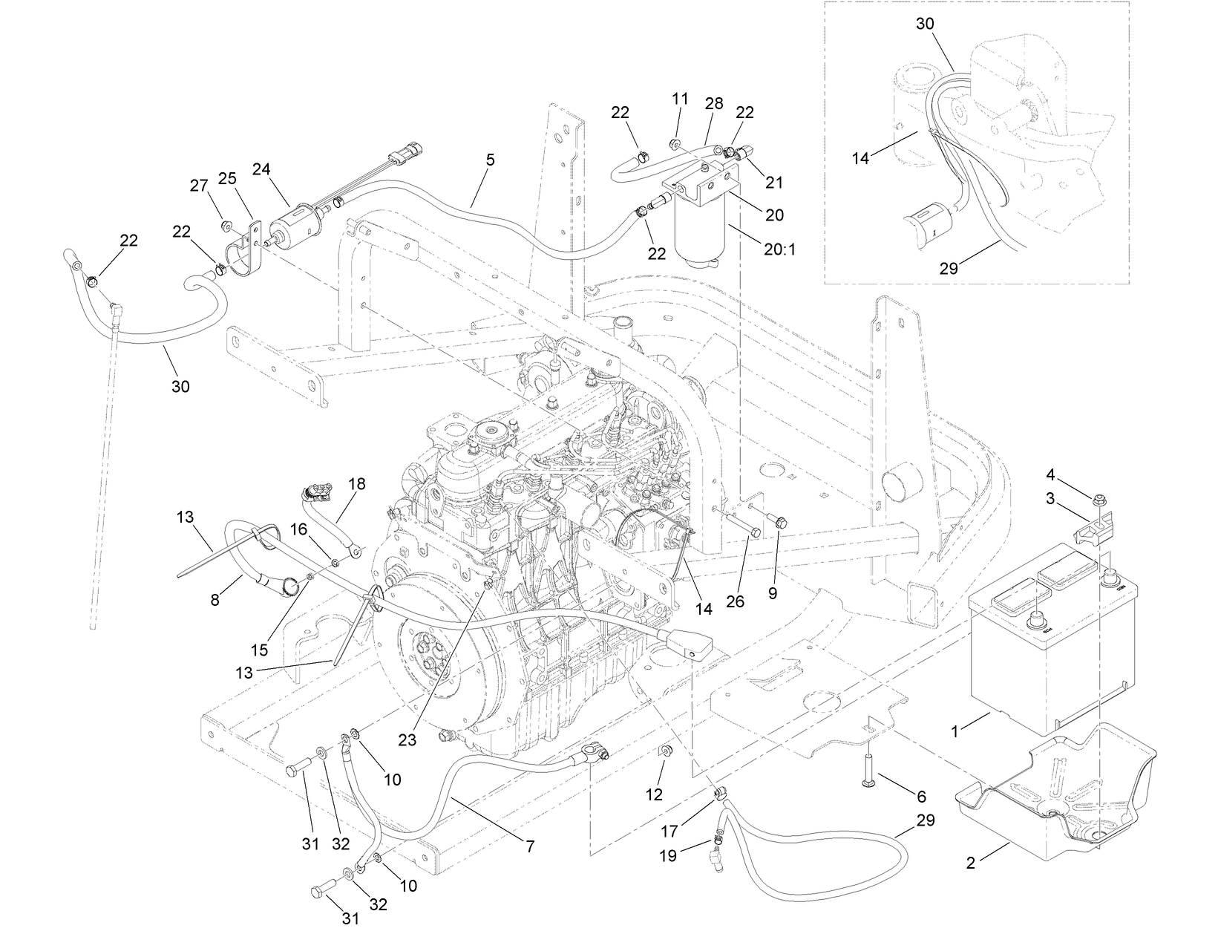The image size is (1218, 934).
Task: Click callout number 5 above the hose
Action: [490, 160]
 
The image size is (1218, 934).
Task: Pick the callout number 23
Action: [407, 739]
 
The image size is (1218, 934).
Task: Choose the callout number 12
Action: [654, 794]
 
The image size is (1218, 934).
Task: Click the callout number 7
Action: [530, 845]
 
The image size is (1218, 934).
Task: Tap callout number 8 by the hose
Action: [215, 600]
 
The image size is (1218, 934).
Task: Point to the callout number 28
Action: [713, 103]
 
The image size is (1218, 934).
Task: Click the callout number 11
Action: [681, 98]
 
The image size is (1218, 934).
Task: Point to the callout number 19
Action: [668, 855]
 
